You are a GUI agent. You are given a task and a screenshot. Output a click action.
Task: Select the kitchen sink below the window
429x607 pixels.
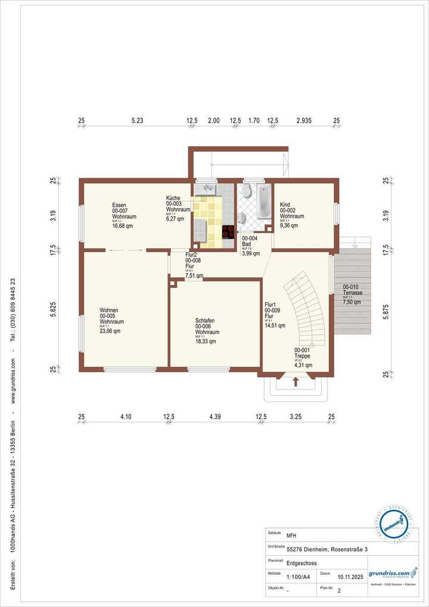[x=208, y=190]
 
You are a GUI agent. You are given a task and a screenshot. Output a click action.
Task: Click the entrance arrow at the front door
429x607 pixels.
[x=296, y=382]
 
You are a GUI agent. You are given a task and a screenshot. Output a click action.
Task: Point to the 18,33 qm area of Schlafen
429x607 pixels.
[x=206, y=342]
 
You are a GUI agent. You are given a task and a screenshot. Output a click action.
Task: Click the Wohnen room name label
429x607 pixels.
[x=108, y=311]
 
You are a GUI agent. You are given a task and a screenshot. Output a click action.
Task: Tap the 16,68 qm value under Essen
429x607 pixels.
[x=122, y=227]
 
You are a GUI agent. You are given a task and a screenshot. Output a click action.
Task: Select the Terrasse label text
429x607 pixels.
[x=353, y=293]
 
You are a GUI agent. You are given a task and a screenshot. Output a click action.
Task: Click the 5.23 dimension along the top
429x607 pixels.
[x=137, y=121]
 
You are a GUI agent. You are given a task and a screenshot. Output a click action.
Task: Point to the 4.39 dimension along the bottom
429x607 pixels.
[x=215, y=417]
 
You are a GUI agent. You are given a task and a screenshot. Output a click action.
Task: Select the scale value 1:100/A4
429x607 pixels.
[x=298, y=577]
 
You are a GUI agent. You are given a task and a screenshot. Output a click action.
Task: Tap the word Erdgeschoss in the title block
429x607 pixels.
[x=301, y=563]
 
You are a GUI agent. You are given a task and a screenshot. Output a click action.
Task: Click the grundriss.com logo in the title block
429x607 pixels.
[x=393, y=574]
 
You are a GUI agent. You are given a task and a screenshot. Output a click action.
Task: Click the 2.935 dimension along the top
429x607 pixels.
[x=304, y=121]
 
